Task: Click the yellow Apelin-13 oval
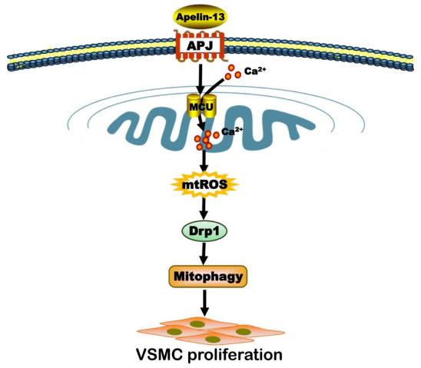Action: (x=200, y=17)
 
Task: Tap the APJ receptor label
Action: (x=200, y=46)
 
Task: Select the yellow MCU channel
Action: (x=201, y=106)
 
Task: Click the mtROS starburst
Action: (x=204, y=184)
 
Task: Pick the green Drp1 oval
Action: (x=204, y=230)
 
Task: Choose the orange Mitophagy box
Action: (x=207, y=277)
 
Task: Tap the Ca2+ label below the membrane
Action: (x=255, y=71)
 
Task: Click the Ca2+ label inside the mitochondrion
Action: (x=232, y=131)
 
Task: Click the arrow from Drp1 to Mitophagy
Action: (x=204, y=254)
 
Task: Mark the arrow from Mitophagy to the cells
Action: (x=204, y=303)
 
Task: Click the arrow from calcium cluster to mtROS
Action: (x=205, y=161)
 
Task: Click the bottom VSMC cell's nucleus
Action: (x=212, y=340)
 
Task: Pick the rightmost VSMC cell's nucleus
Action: (x=244, y=331)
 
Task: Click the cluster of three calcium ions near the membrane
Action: (x=233, y=72)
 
